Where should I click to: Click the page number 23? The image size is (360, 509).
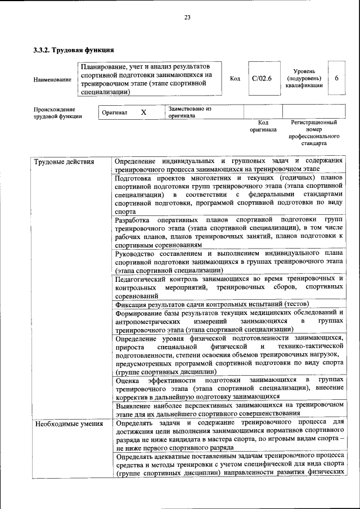click(x=187, y=17)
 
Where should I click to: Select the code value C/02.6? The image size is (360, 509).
click(x=262, y=78)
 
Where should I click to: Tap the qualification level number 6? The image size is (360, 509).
click(x=336, y=78)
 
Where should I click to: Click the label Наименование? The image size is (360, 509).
click(x=52, y=79)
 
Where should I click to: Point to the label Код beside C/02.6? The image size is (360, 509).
click(x=235, y=78)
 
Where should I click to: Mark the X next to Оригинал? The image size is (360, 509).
click(x=143, y=112)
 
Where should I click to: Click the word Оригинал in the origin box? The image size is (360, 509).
click(x=114, y=112)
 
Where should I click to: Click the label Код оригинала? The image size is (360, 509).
click(x=263, y=125)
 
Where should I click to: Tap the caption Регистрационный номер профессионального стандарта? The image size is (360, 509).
click(x=314, y=132)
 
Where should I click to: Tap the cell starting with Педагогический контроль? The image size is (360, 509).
click(x=229, y=287)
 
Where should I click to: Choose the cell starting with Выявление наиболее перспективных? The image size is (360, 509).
click(x=229, y=409)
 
